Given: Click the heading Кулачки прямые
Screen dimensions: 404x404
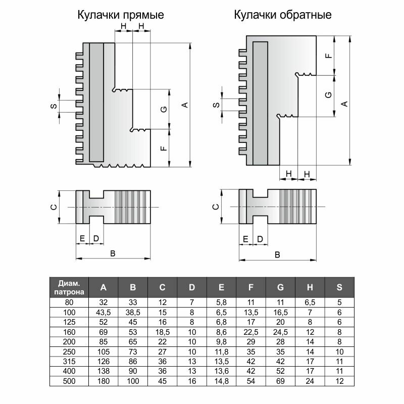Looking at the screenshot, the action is point(120,15).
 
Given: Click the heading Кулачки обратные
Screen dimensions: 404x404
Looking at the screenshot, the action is point(282,15).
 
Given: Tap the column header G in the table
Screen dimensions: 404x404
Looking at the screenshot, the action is point(281,287).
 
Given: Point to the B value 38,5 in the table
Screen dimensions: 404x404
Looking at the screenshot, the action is point(133,313).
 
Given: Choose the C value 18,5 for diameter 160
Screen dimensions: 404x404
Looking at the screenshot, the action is point(163,332).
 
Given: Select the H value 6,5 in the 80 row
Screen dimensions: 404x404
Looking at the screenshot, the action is point(310,302).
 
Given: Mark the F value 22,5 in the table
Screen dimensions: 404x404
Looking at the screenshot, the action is point(251,332).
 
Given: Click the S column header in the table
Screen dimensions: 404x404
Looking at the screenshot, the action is point(339,287).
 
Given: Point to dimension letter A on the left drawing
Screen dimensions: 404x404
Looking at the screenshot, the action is point(185,105).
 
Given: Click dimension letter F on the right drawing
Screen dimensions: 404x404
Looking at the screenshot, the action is point(329,55).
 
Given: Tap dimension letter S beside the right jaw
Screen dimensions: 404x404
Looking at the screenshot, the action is point(216,106).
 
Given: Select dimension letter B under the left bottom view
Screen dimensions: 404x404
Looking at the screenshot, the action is point(113,254).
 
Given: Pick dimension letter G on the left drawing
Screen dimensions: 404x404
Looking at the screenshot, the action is point(163,110).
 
